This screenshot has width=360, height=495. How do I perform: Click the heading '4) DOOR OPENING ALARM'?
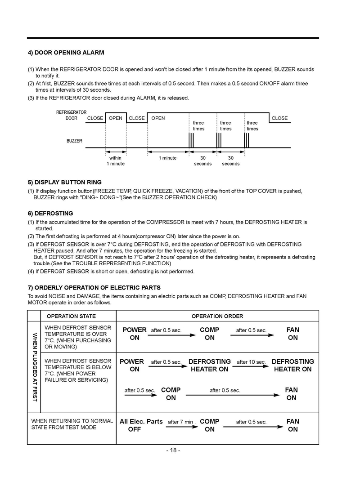tap(66, 53)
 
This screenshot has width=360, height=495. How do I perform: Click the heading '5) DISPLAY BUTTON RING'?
tap(64, 182)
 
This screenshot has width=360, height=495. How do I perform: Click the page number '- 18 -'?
tap(173, 450)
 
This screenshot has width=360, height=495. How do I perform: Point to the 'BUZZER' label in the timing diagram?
tap(74, 141)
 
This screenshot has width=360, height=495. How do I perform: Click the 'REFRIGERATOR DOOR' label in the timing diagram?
tap(71, 115)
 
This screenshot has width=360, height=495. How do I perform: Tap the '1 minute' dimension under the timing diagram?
tap(168, 158)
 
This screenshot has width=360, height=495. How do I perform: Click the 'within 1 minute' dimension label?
tap(116, 161)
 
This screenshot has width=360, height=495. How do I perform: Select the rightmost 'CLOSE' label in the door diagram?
tap(279, 118)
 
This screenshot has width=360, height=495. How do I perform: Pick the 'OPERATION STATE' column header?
tap(71, 316)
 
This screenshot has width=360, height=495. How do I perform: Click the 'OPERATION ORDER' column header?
tap(217, 316)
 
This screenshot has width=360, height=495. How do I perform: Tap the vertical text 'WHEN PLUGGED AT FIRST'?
tap(34, 367)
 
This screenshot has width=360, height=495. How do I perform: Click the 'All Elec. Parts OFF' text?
tap(140, 425)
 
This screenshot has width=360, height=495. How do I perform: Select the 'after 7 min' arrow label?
tap(180, 422)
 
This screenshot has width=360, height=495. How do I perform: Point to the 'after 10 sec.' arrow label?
tap(251, 362)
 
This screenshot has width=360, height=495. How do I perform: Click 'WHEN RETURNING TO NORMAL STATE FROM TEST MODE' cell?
tap(72, 424)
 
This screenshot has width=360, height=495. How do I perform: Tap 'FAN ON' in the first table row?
tap(292, 334)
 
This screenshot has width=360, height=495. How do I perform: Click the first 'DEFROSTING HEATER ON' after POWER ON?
tap(209, 365)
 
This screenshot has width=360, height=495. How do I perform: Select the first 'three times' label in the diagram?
tap(198, 126)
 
